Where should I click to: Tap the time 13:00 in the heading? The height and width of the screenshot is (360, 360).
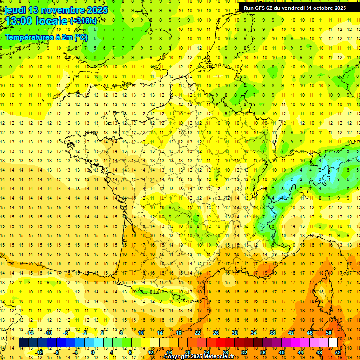(x=18, y=22)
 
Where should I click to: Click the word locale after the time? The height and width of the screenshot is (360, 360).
(x=52, y=22)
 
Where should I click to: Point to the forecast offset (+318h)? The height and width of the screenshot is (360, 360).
(x=83, y=21)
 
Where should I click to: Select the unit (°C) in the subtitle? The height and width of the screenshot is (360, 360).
(x=81, y=37)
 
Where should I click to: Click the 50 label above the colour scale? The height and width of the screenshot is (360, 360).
(x=328, y=333)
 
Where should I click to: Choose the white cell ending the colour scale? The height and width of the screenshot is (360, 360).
(x=333, y=343)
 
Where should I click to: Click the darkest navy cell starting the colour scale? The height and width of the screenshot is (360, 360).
(x=23, y=343)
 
